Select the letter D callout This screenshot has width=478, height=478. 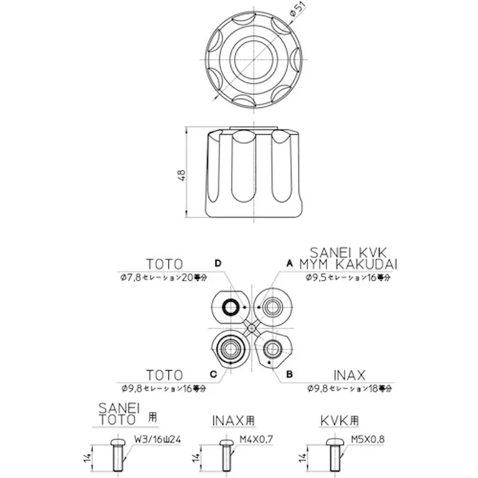[218, 263]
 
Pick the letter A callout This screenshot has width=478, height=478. [290, 263]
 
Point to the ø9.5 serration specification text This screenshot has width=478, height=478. [347, 277]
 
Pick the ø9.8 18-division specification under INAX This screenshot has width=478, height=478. [349, 387]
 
